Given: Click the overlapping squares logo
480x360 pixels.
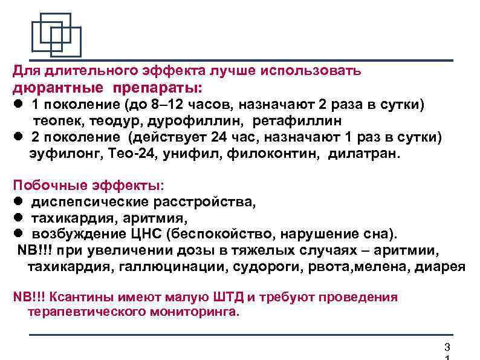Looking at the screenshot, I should click(56, 35).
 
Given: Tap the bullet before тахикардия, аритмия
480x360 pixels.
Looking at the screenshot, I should click(18, 218).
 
